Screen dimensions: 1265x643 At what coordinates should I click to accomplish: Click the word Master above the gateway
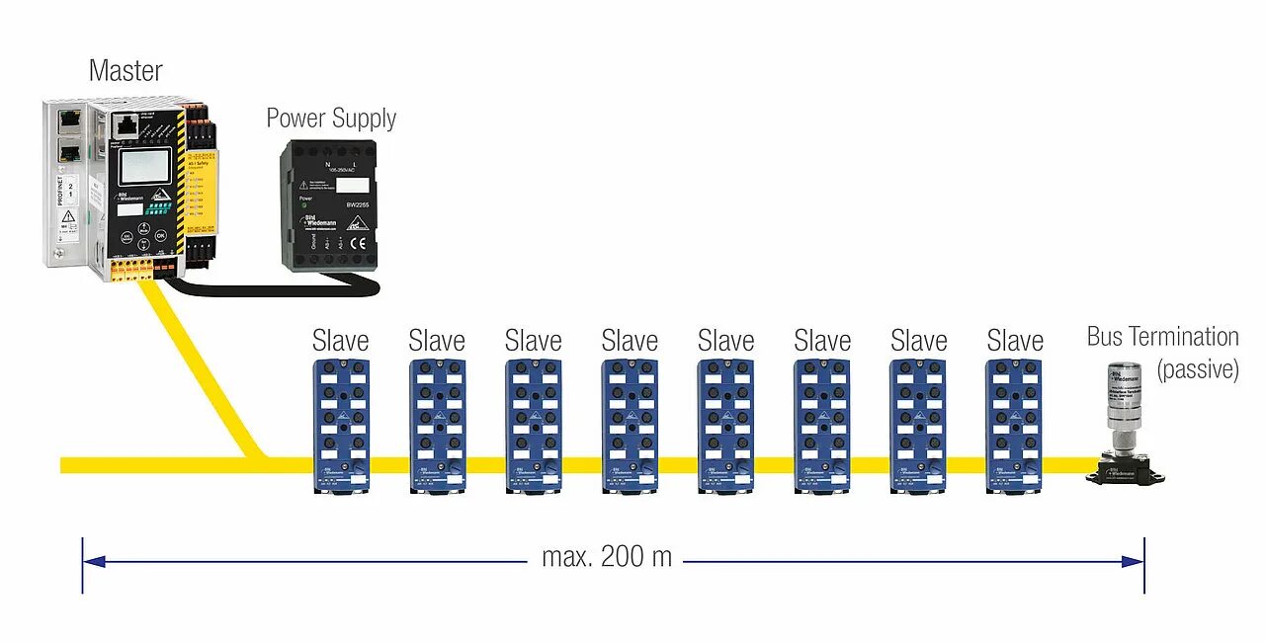point(126,71)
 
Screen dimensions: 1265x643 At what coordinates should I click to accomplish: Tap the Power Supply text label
point(331,119)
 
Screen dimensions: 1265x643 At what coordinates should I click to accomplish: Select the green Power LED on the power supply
point(305,210)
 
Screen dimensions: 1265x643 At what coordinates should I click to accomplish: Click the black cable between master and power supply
point(267,289)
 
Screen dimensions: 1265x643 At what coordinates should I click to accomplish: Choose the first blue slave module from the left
point(341,425)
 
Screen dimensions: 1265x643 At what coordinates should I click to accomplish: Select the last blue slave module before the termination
point(1015,425)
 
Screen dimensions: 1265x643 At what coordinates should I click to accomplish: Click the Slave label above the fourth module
point(630,342)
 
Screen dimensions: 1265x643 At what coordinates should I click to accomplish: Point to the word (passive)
point(1198,370)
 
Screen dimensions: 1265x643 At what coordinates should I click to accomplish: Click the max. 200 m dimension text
point(607,557)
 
